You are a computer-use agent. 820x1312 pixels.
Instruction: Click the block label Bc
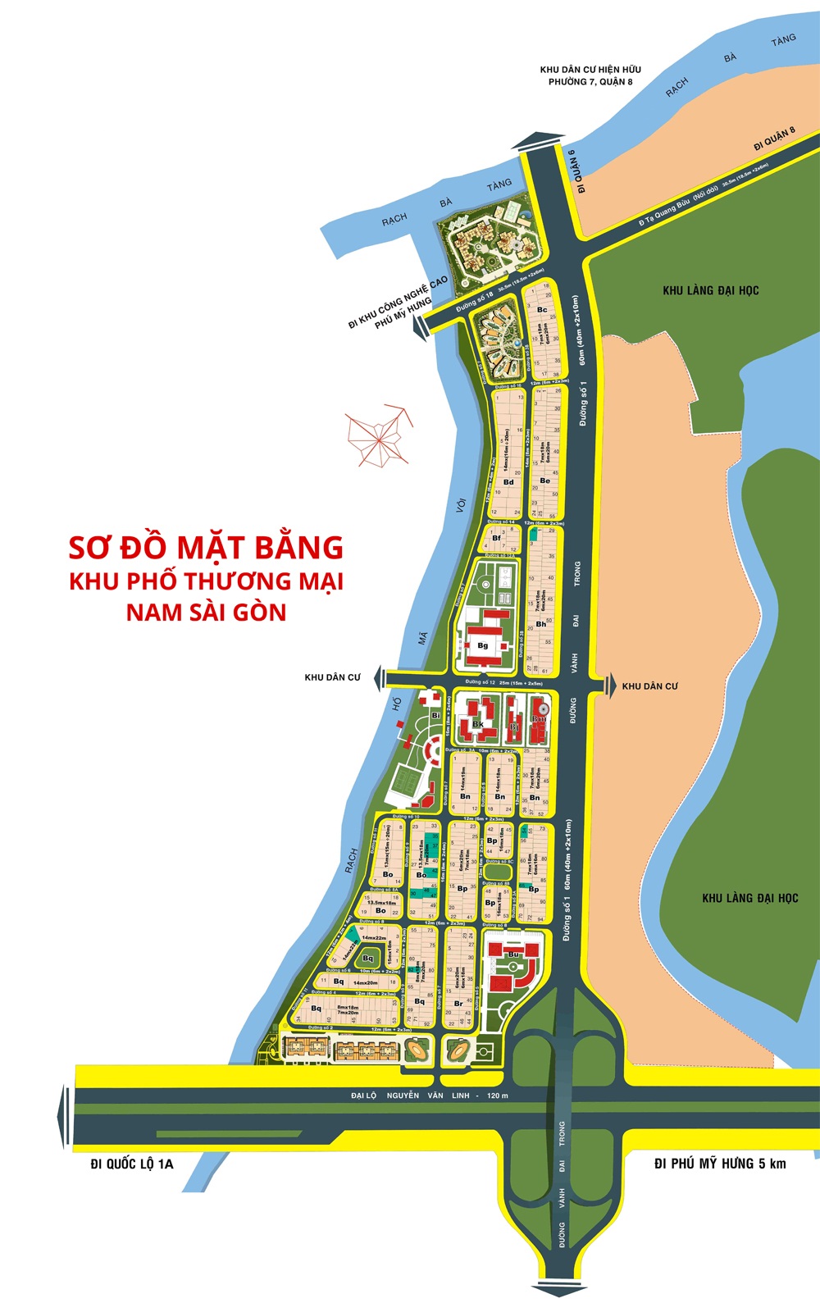click(542, 310)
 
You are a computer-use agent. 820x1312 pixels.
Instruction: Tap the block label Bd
click(508, 482)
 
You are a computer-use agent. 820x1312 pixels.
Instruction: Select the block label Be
click(544, 481)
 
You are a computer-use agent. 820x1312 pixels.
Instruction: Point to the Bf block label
click(497, 539)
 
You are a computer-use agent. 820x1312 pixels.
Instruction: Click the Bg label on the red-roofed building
click(482, 645)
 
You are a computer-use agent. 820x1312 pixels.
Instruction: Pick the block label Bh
click(540, 624)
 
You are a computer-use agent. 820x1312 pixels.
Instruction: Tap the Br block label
click(458, 1004)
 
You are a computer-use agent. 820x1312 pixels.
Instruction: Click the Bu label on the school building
click(513, 954)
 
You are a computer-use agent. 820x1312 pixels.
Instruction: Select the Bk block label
click(477, 725)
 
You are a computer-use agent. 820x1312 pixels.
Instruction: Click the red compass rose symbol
click(378, 435)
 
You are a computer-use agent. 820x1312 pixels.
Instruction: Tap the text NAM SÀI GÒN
click(206, 612)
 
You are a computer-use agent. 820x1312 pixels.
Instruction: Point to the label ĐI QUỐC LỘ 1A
click(131, 1164)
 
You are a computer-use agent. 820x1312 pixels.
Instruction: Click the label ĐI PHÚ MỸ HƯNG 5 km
click(720, 1164)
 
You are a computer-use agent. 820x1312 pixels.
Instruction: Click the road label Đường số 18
click(475, 300)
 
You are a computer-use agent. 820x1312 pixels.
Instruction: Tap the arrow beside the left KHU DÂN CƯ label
click(379, 678)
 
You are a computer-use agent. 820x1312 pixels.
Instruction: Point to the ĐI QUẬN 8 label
click(774, 139)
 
